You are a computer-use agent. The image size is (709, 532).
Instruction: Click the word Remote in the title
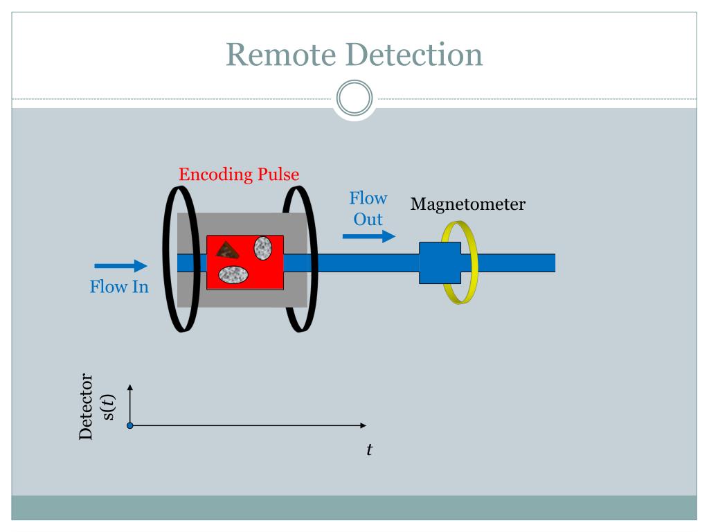[281, 54]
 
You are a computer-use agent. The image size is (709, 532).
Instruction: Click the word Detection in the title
[415, 54]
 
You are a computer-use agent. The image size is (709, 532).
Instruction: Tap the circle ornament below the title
[354, 98]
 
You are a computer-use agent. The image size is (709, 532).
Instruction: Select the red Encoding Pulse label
[239, 175]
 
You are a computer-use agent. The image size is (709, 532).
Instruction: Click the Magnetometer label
[468, 204]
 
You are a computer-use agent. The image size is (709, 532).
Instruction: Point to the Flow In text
[119, 287]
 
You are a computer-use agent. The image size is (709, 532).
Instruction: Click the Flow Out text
[368, 209]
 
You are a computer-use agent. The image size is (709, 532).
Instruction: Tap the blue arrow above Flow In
[120, 265]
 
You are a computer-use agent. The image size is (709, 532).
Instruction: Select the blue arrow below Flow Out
[369, 236]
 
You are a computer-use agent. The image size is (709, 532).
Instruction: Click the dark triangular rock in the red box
[227, 250]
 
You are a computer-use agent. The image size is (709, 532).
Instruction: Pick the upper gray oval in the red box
[262, 248]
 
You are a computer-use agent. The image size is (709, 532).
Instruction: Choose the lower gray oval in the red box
[233, 274]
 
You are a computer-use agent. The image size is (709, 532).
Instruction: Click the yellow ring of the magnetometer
[474, 263]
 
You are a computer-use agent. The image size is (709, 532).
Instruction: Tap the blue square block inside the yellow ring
[440, 263]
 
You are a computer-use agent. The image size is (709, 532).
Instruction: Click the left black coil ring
[165, 259]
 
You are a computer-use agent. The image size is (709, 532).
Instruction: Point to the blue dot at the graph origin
[129, 426]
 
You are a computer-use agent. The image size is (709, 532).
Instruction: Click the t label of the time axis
[370, 450]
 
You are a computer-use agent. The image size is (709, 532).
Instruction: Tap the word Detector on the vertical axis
[85, 406]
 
